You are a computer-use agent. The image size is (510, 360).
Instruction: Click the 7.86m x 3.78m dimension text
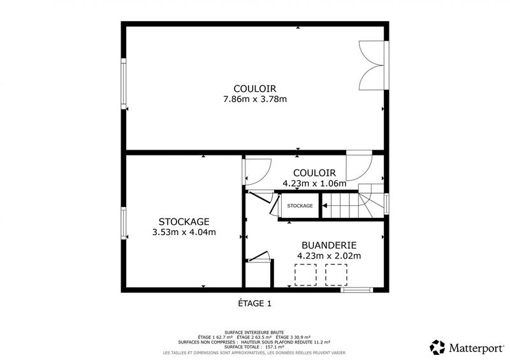255,99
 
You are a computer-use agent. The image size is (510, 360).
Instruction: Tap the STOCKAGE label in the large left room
184,222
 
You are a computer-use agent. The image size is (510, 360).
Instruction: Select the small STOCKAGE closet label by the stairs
300,206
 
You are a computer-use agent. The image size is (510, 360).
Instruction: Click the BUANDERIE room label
329,245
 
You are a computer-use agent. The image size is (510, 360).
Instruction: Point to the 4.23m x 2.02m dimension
329,256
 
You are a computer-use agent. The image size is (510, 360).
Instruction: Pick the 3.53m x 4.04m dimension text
184,233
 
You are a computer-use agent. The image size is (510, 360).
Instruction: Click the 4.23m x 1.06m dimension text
314,184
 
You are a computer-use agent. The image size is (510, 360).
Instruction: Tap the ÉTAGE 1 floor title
254,304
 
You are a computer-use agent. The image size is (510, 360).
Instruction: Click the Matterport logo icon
438,347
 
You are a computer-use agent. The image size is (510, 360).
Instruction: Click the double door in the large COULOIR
372,66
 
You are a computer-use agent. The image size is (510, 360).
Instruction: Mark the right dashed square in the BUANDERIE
336,275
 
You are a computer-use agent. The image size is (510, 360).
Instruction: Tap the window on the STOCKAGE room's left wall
124,222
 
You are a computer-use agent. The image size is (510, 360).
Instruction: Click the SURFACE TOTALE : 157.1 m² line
254,347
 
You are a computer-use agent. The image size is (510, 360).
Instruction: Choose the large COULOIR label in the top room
255,88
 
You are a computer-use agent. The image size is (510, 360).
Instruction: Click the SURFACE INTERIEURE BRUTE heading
254,331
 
